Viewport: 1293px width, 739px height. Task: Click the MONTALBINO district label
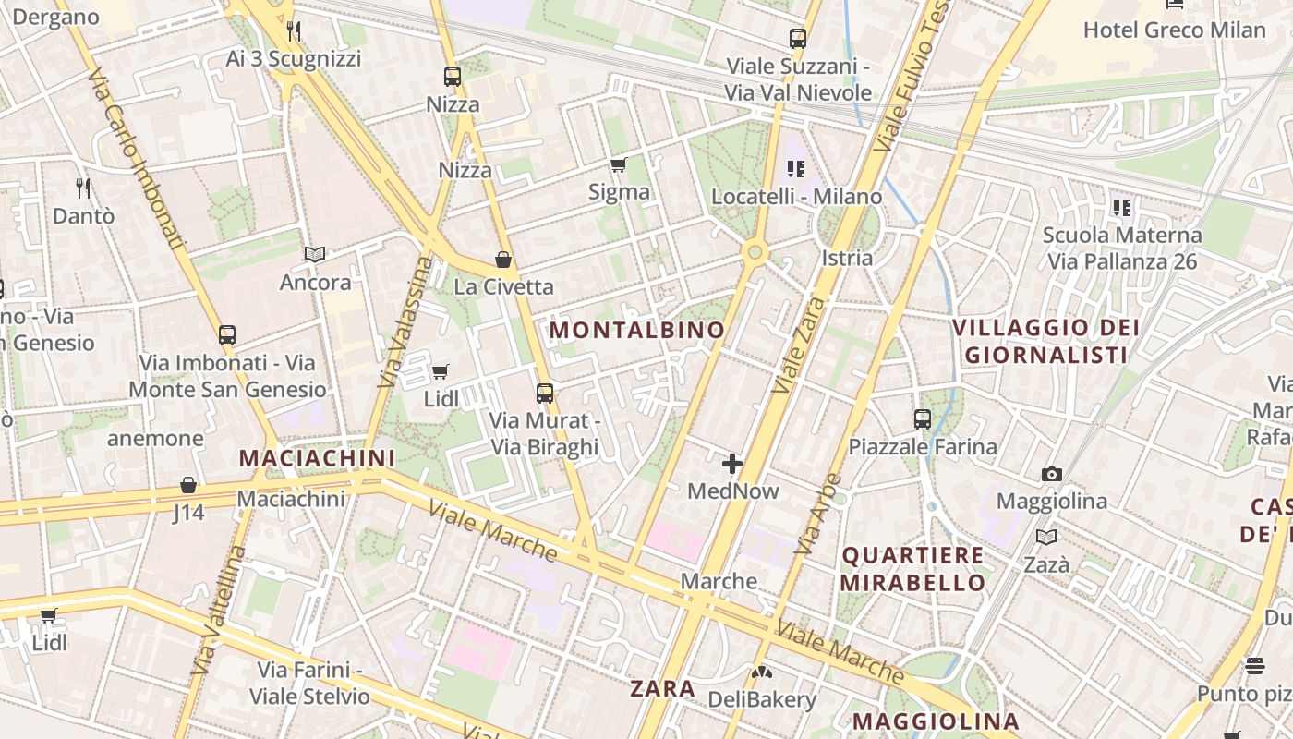(x=637, y=330)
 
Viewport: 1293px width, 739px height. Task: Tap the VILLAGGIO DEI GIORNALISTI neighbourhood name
(x=1045, y=341)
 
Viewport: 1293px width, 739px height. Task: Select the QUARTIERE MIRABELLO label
(x=912, y=569)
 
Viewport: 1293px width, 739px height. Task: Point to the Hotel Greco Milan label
(x=1174, y=30)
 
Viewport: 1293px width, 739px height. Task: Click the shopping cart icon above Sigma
(x=618, y=165)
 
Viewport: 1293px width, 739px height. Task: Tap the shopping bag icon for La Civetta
(x=503, y=260)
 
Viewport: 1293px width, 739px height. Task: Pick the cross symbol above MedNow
(x=732, y=463)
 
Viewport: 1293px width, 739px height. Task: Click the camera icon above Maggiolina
(x=1051, y=475)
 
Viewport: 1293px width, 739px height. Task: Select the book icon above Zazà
(x=1046, y=537)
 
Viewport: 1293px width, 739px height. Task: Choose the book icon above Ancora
(x=315, y=254)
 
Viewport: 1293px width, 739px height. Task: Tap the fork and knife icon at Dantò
(x=83, y=188)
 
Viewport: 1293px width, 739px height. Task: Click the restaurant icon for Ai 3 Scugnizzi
(x=294, y=31)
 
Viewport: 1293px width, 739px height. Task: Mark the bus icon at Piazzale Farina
(x=922, y=419)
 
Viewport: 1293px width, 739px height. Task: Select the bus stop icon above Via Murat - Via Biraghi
(x=545, y=394)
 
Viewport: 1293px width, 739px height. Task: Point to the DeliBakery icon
(x=761, y=672)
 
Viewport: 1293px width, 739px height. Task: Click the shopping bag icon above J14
(x=188, y=485)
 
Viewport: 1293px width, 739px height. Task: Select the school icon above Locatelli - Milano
(x=796, y=169)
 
